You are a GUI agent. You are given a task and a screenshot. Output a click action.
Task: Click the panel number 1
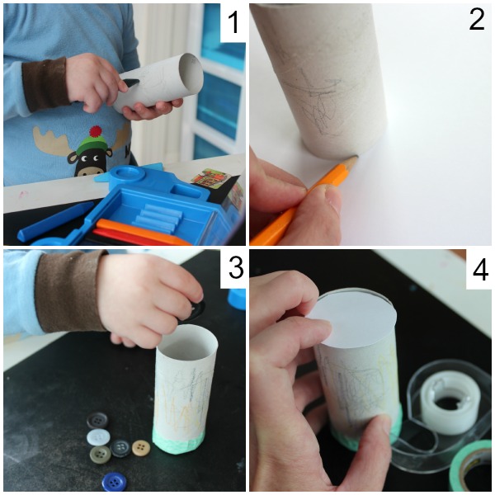coord(233,21)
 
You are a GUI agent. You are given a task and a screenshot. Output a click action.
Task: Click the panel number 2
coord(476,20)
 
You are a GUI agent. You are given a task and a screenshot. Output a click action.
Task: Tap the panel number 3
coord(235,267)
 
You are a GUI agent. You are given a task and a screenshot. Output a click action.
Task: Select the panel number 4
coord(480,271)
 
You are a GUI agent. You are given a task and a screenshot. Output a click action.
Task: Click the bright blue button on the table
coord(115,483)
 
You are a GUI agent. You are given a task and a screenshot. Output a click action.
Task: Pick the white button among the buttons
coord(98,437)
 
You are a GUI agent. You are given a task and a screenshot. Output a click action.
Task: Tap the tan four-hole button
coord(141,448)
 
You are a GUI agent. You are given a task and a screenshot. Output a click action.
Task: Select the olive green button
coord(101,455)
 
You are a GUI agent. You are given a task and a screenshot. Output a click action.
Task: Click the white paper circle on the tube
coord(353,322)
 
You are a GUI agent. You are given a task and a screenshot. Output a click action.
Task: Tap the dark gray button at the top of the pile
coord(97,420)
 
